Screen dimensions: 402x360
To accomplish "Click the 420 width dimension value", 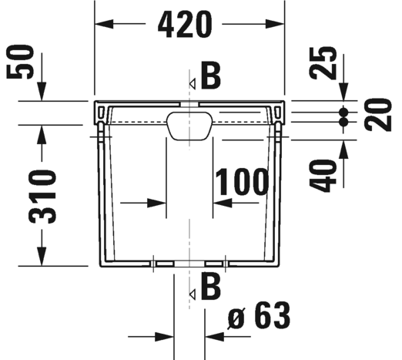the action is coord(185,25).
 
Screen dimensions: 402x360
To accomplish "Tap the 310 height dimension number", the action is coord(42,196).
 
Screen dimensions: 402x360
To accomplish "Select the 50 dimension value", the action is coord(20,62).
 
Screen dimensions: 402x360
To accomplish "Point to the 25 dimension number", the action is coord(323,63).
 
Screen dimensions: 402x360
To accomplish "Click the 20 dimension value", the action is coord(378,115).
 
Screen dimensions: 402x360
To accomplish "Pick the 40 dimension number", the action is coord(323,176).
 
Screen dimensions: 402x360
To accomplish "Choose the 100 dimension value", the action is coord(242,182).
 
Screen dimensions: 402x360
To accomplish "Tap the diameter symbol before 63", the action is coord(236,318).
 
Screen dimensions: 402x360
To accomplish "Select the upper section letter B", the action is coord(211,75).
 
